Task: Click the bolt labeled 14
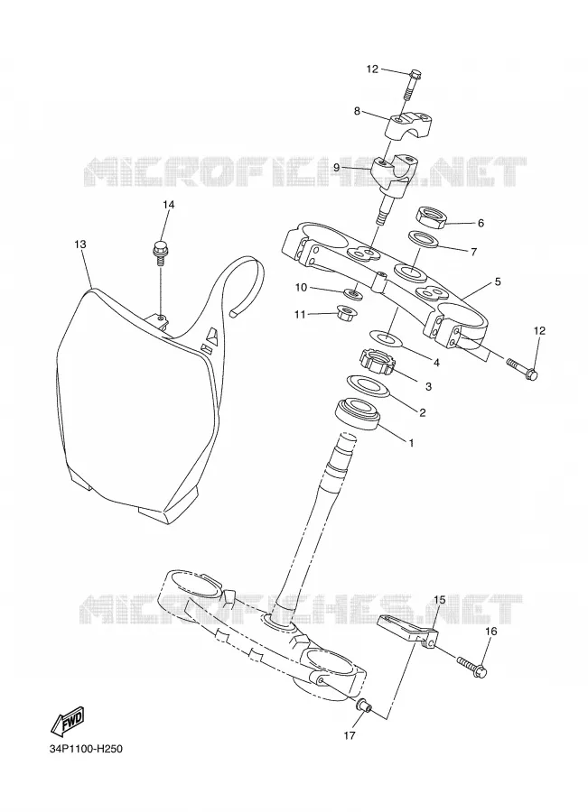coord(160,252)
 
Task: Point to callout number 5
coord(498,281)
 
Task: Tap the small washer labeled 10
coord(354,294)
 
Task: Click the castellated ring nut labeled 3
coord(378,361)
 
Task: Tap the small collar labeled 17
coord(363,705)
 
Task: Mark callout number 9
coord(336,168)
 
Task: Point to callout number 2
coord(422,412)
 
